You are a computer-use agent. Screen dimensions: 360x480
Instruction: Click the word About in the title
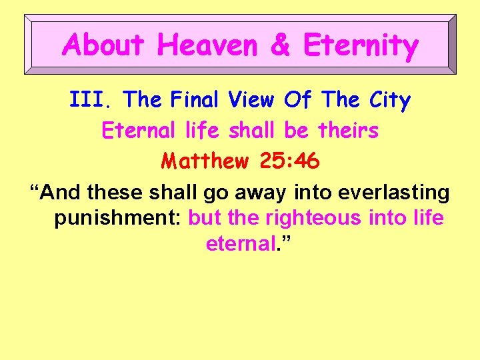coord(103,45)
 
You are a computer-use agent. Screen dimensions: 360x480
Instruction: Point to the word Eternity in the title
coord(361,45)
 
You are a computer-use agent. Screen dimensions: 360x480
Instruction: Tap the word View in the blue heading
coord(251,100)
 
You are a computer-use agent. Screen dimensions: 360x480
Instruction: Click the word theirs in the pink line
coord(349,131)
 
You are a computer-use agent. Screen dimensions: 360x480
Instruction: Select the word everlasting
coord(394,192)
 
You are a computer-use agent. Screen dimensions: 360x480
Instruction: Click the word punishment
coord(117,218)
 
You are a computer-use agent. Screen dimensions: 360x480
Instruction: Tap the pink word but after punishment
coord(205,218)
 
